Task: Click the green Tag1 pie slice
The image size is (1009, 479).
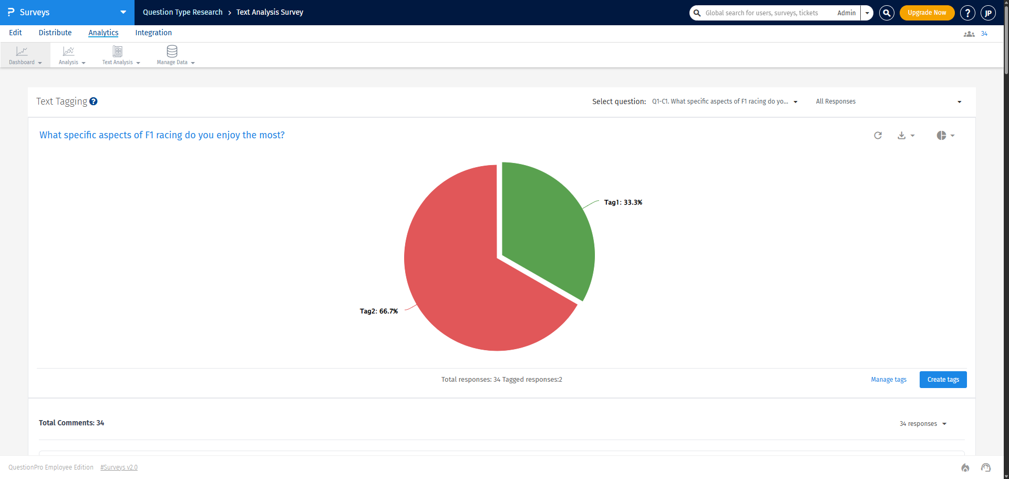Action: click(547, 226)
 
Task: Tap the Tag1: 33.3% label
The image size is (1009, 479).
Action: click(623, 202)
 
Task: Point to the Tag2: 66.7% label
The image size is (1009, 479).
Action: click(378, 311)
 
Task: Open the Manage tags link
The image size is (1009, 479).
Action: click(888, 380)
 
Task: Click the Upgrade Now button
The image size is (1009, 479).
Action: click(926, 13)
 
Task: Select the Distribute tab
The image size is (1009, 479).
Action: click(55, 33)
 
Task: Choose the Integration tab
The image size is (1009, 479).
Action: click(153, 33)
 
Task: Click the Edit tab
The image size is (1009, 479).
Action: click(15, 33)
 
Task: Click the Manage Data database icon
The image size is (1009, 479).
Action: click(172, 52)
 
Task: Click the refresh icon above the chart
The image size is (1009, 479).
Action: click(878, 136)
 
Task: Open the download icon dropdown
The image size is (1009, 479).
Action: click(905, 136)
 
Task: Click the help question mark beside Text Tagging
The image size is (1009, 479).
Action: click(94, 101)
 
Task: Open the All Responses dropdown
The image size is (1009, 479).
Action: click(888, 101)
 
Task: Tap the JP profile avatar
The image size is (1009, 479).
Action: click(988, 13)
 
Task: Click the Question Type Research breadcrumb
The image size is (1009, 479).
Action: click(182, 12)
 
